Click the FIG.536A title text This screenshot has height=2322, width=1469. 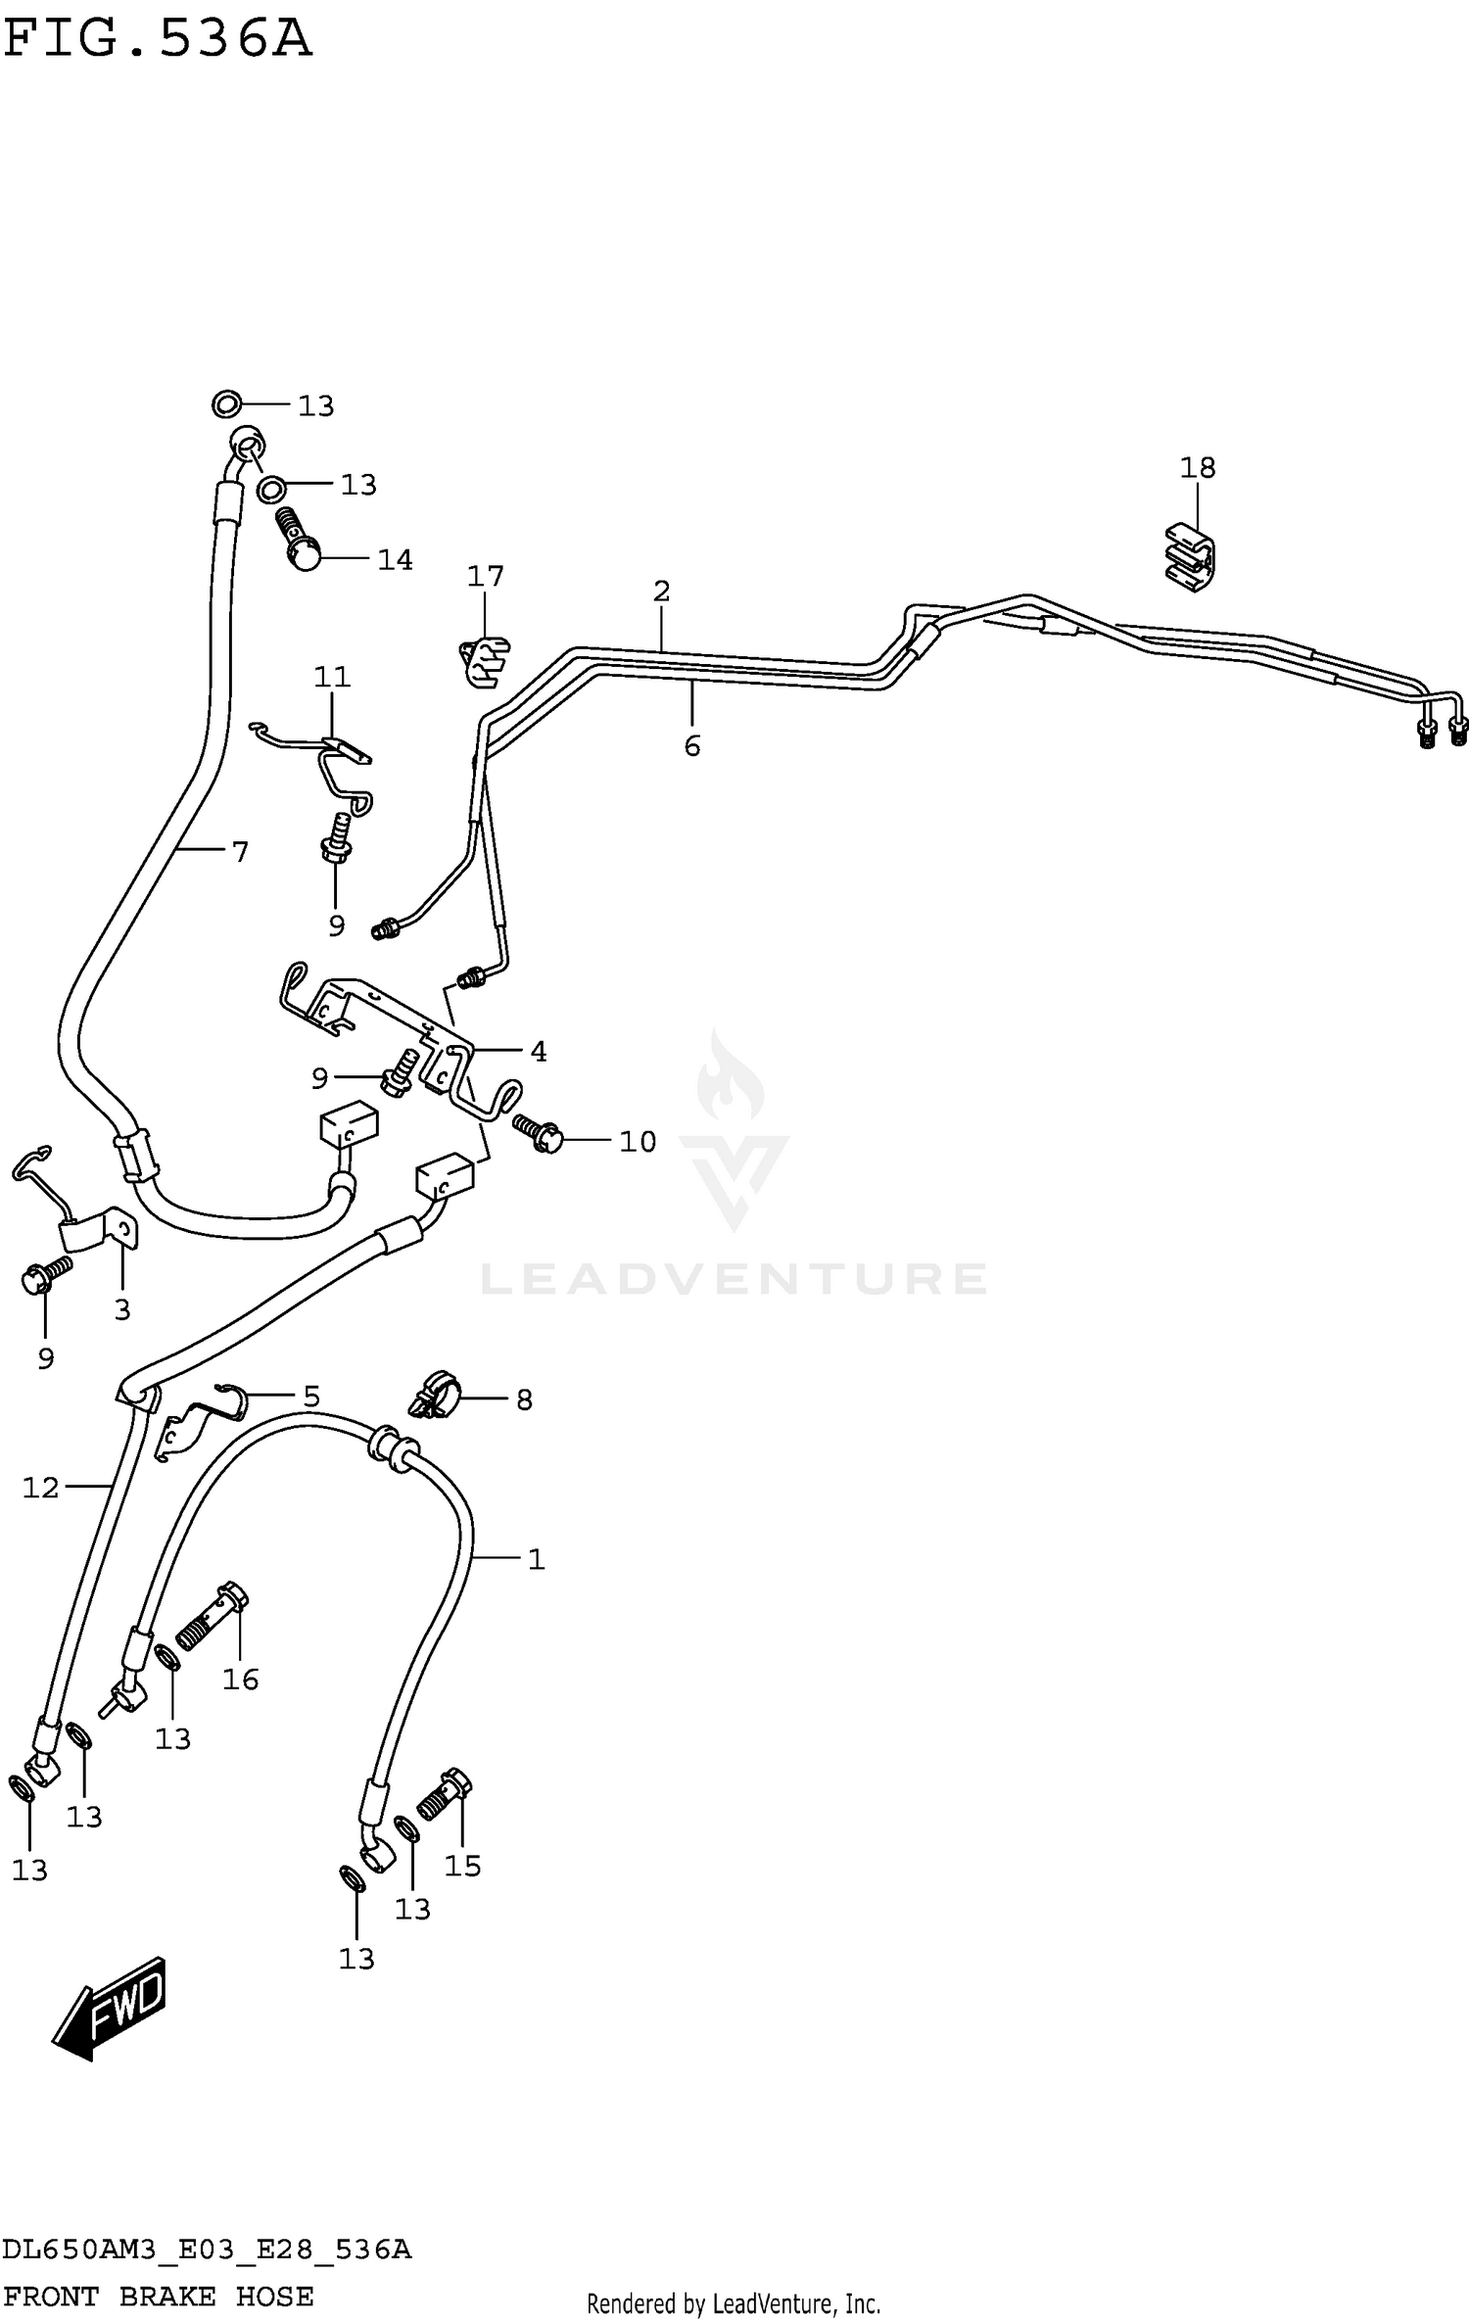click(157, 39)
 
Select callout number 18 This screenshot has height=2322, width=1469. click(1197, 468)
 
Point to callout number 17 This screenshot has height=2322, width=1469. click(485, 576)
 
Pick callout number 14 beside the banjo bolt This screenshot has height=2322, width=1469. click(395, 560)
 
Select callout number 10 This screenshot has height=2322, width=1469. click(637, 1141)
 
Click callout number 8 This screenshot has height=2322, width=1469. click(524, 1400)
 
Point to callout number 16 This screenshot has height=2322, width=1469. click(240, 1680)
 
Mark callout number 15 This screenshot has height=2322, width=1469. click(462, 1866)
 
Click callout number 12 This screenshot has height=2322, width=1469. click(41, 1489)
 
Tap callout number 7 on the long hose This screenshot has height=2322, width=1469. click(240, 852)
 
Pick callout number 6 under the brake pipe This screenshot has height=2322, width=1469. click(691, 746)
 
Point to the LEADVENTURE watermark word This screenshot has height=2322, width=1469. click(734, 1279)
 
